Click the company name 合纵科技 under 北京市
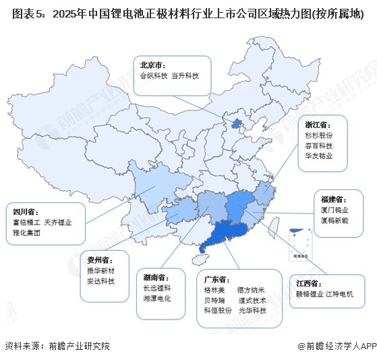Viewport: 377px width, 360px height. tap(152, 76)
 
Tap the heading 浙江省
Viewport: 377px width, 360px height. tap(316, 125)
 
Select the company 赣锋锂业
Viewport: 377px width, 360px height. tap(311, 294)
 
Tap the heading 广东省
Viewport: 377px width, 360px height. tap(217, 279)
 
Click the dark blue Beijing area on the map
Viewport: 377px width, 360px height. tap(235, 124)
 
